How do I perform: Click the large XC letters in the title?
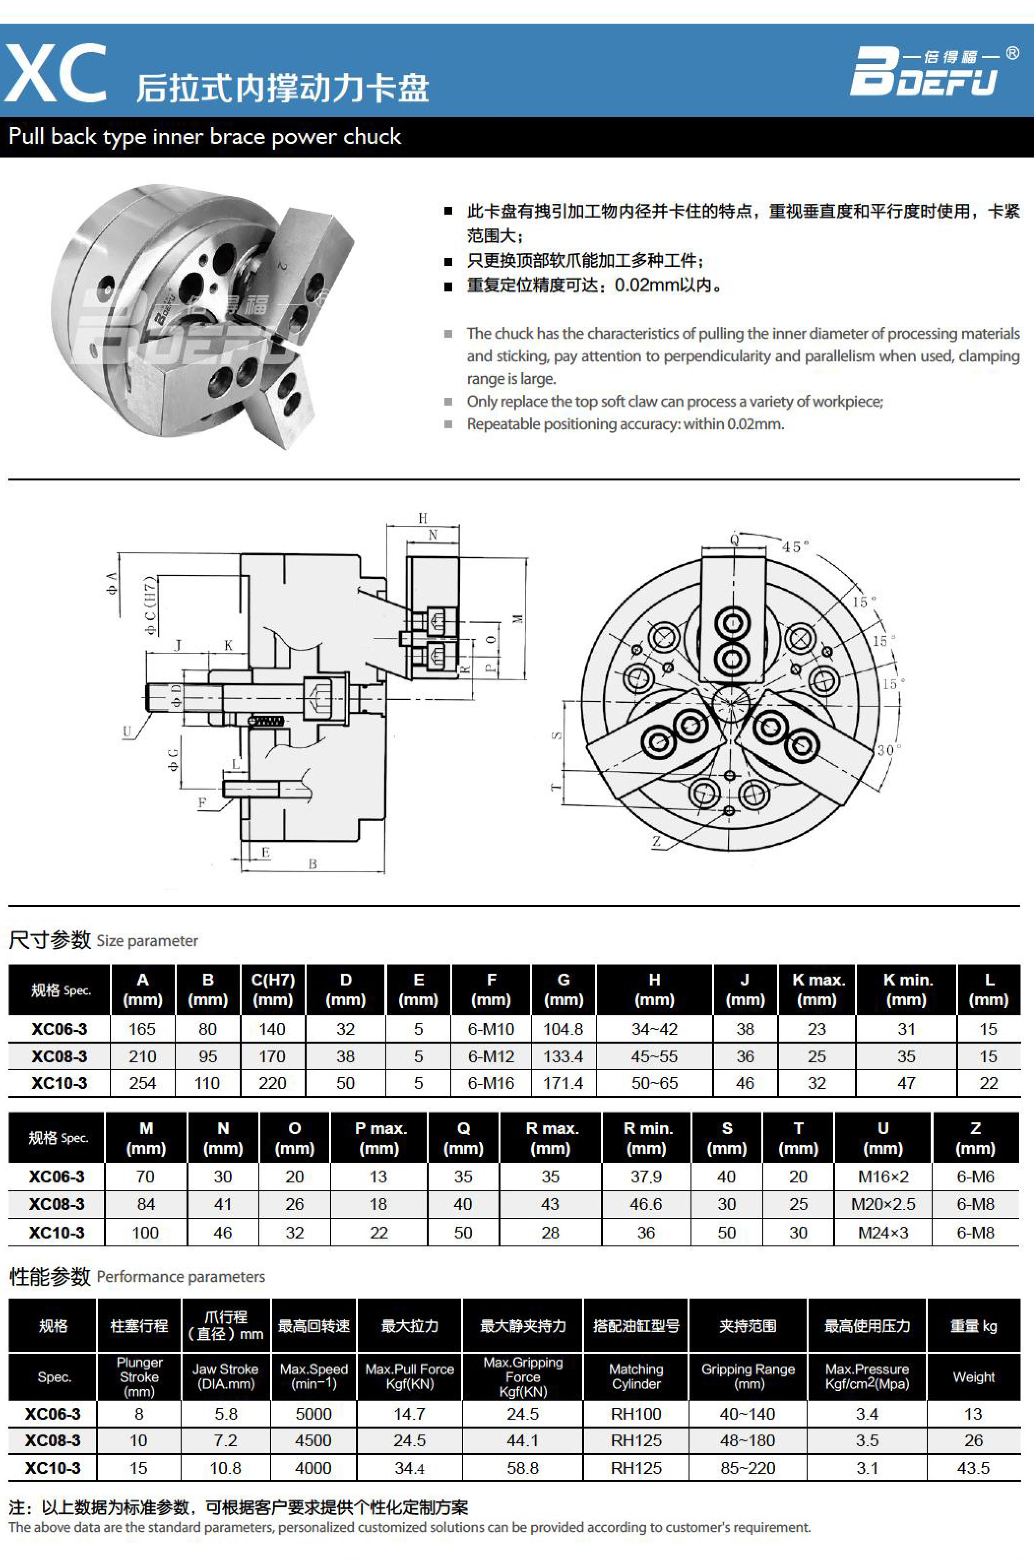(56, 73)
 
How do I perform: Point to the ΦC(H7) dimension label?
(151, 606)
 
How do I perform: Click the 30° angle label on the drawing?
(888, 750)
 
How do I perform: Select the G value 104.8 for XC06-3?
(563, 1029)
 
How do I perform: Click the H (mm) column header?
(654, 989)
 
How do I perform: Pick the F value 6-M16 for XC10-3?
(491, 1083)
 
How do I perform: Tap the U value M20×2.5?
(883, 1204)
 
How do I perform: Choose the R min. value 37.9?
(646, 1177)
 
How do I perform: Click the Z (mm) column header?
(975, 1138)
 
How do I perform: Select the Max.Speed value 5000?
(313, 1414)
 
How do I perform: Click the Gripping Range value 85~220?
(748, 1468)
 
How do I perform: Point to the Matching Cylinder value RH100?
(636, 1414)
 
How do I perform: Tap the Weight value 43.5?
(973, 1468)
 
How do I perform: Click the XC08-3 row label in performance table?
(53, 1440)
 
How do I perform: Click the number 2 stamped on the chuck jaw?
(282, 266)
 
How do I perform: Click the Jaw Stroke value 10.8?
(225, 1468)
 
